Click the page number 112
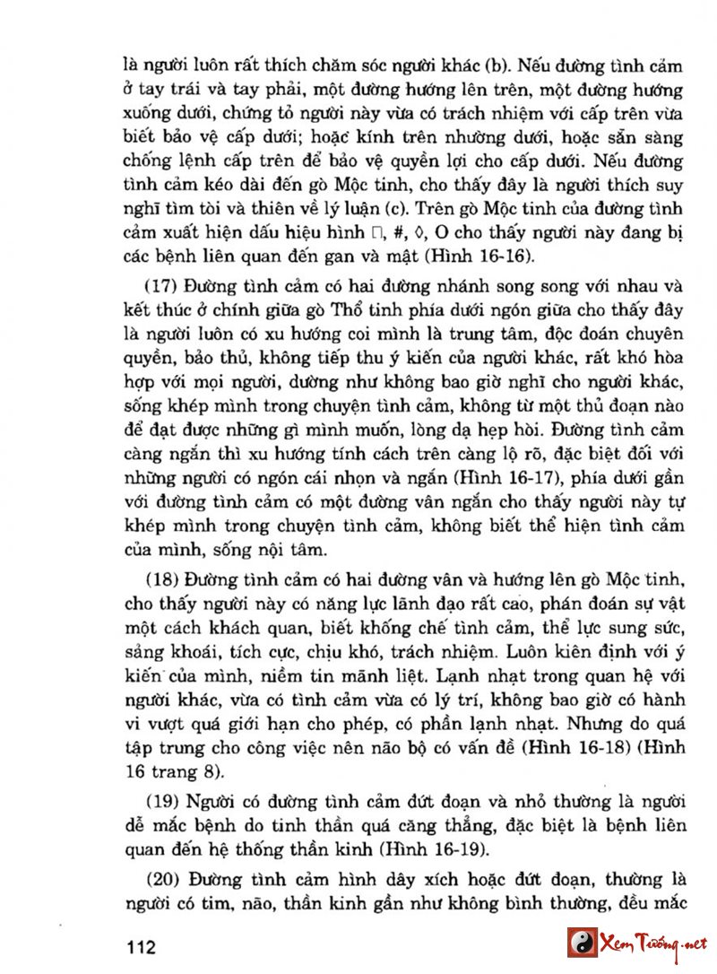click(143, 947)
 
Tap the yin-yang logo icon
click(582, 943)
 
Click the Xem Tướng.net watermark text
click(653, 944)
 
